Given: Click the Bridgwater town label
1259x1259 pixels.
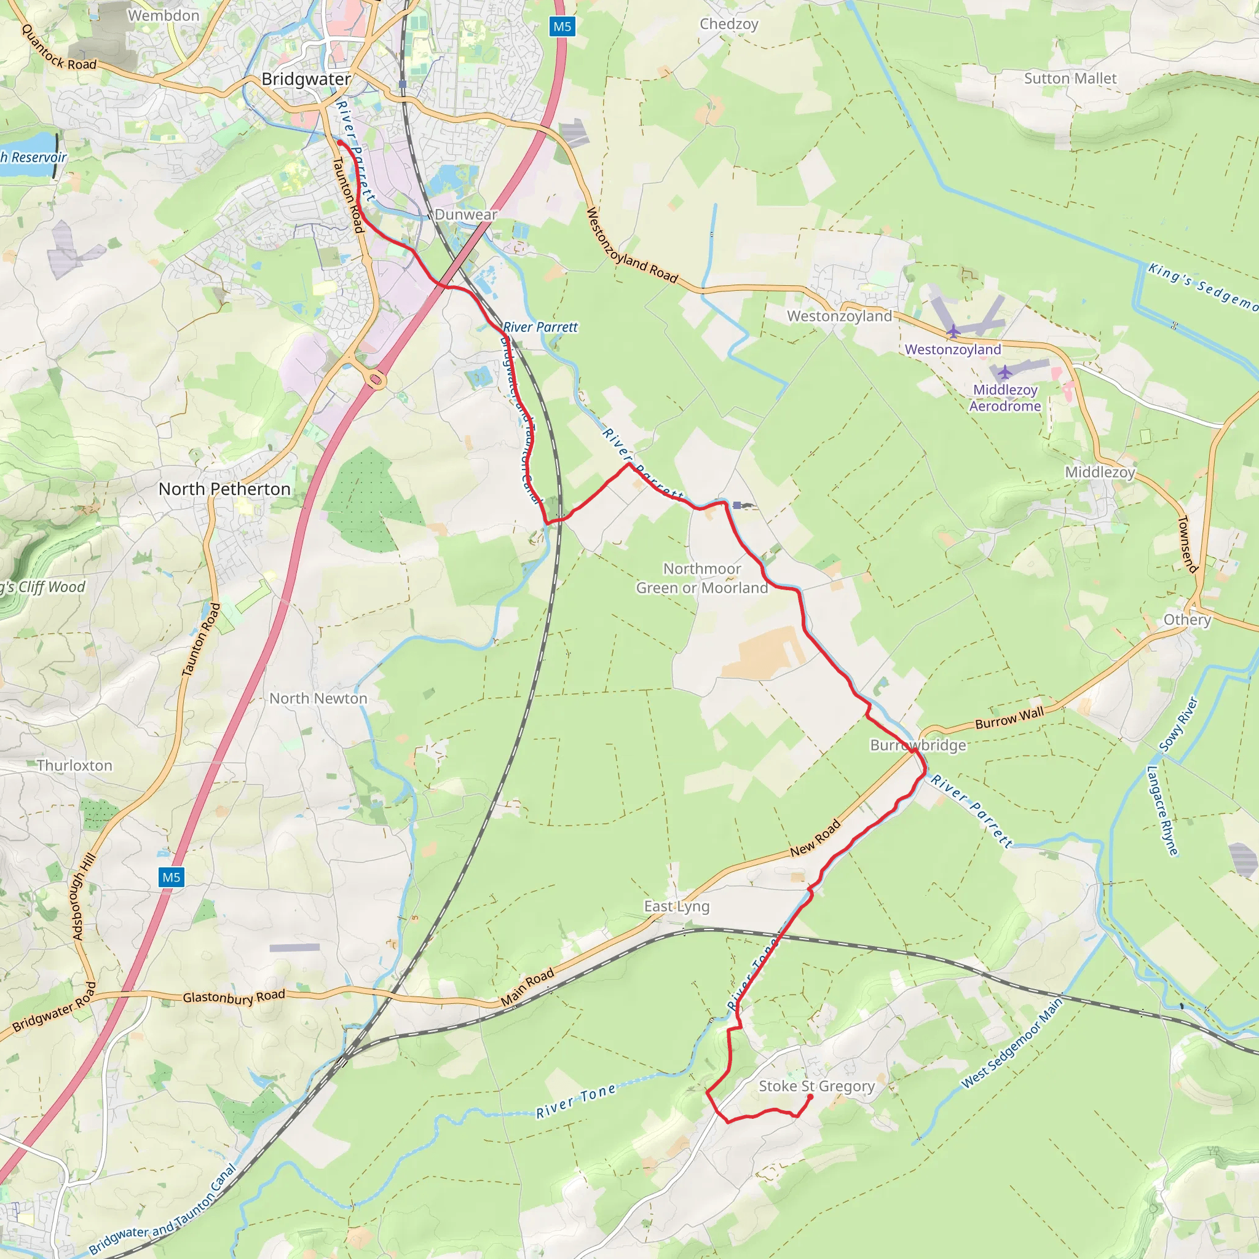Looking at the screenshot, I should pos(306,79).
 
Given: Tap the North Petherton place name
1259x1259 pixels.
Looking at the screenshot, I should pos(224,489).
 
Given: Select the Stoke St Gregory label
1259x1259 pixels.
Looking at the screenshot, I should pos(816,1086).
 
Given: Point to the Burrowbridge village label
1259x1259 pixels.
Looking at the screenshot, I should pos(918,745).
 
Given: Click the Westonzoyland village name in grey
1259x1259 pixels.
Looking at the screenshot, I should pos(839,316).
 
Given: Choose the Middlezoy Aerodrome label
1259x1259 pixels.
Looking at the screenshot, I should pos(1005,398).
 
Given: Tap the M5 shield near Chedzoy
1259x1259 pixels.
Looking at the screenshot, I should pos(562,26).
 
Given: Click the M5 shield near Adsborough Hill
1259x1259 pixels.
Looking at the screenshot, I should pos(172,877).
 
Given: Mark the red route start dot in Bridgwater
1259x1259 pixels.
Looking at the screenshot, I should pos(339,143).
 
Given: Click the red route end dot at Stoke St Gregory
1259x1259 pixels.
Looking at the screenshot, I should pos(810,1097).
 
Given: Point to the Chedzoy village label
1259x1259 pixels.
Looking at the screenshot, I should pos(728,24).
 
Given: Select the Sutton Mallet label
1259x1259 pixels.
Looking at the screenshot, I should pos(1070,79).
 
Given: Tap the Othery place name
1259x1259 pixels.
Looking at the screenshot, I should pos(1187,620).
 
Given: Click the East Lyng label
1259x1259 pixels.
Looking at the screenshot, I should pos(676,907).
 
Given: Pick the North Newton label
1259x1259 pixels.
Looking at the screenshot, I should pos(318,698).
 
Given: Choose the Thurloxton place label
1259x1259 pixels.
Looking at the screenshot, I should pos(74,766).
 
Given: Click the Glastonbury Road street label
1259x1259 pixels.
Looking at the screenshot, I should pos(233,997).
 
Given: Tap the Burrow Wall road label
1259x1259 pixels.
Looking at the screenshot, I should pos(1009,718).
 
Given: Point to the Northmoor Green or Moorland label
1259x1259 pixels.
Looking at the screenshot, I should pos(702,578).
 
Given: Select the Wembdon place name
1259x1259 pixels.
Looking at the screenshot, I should pos(164,15).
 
